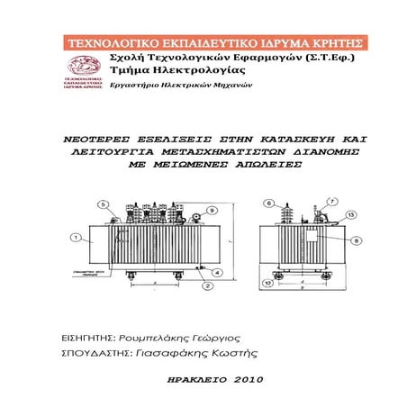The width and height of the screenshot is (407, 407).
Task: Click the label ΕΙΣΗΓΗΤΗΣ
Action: [86, 336]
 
